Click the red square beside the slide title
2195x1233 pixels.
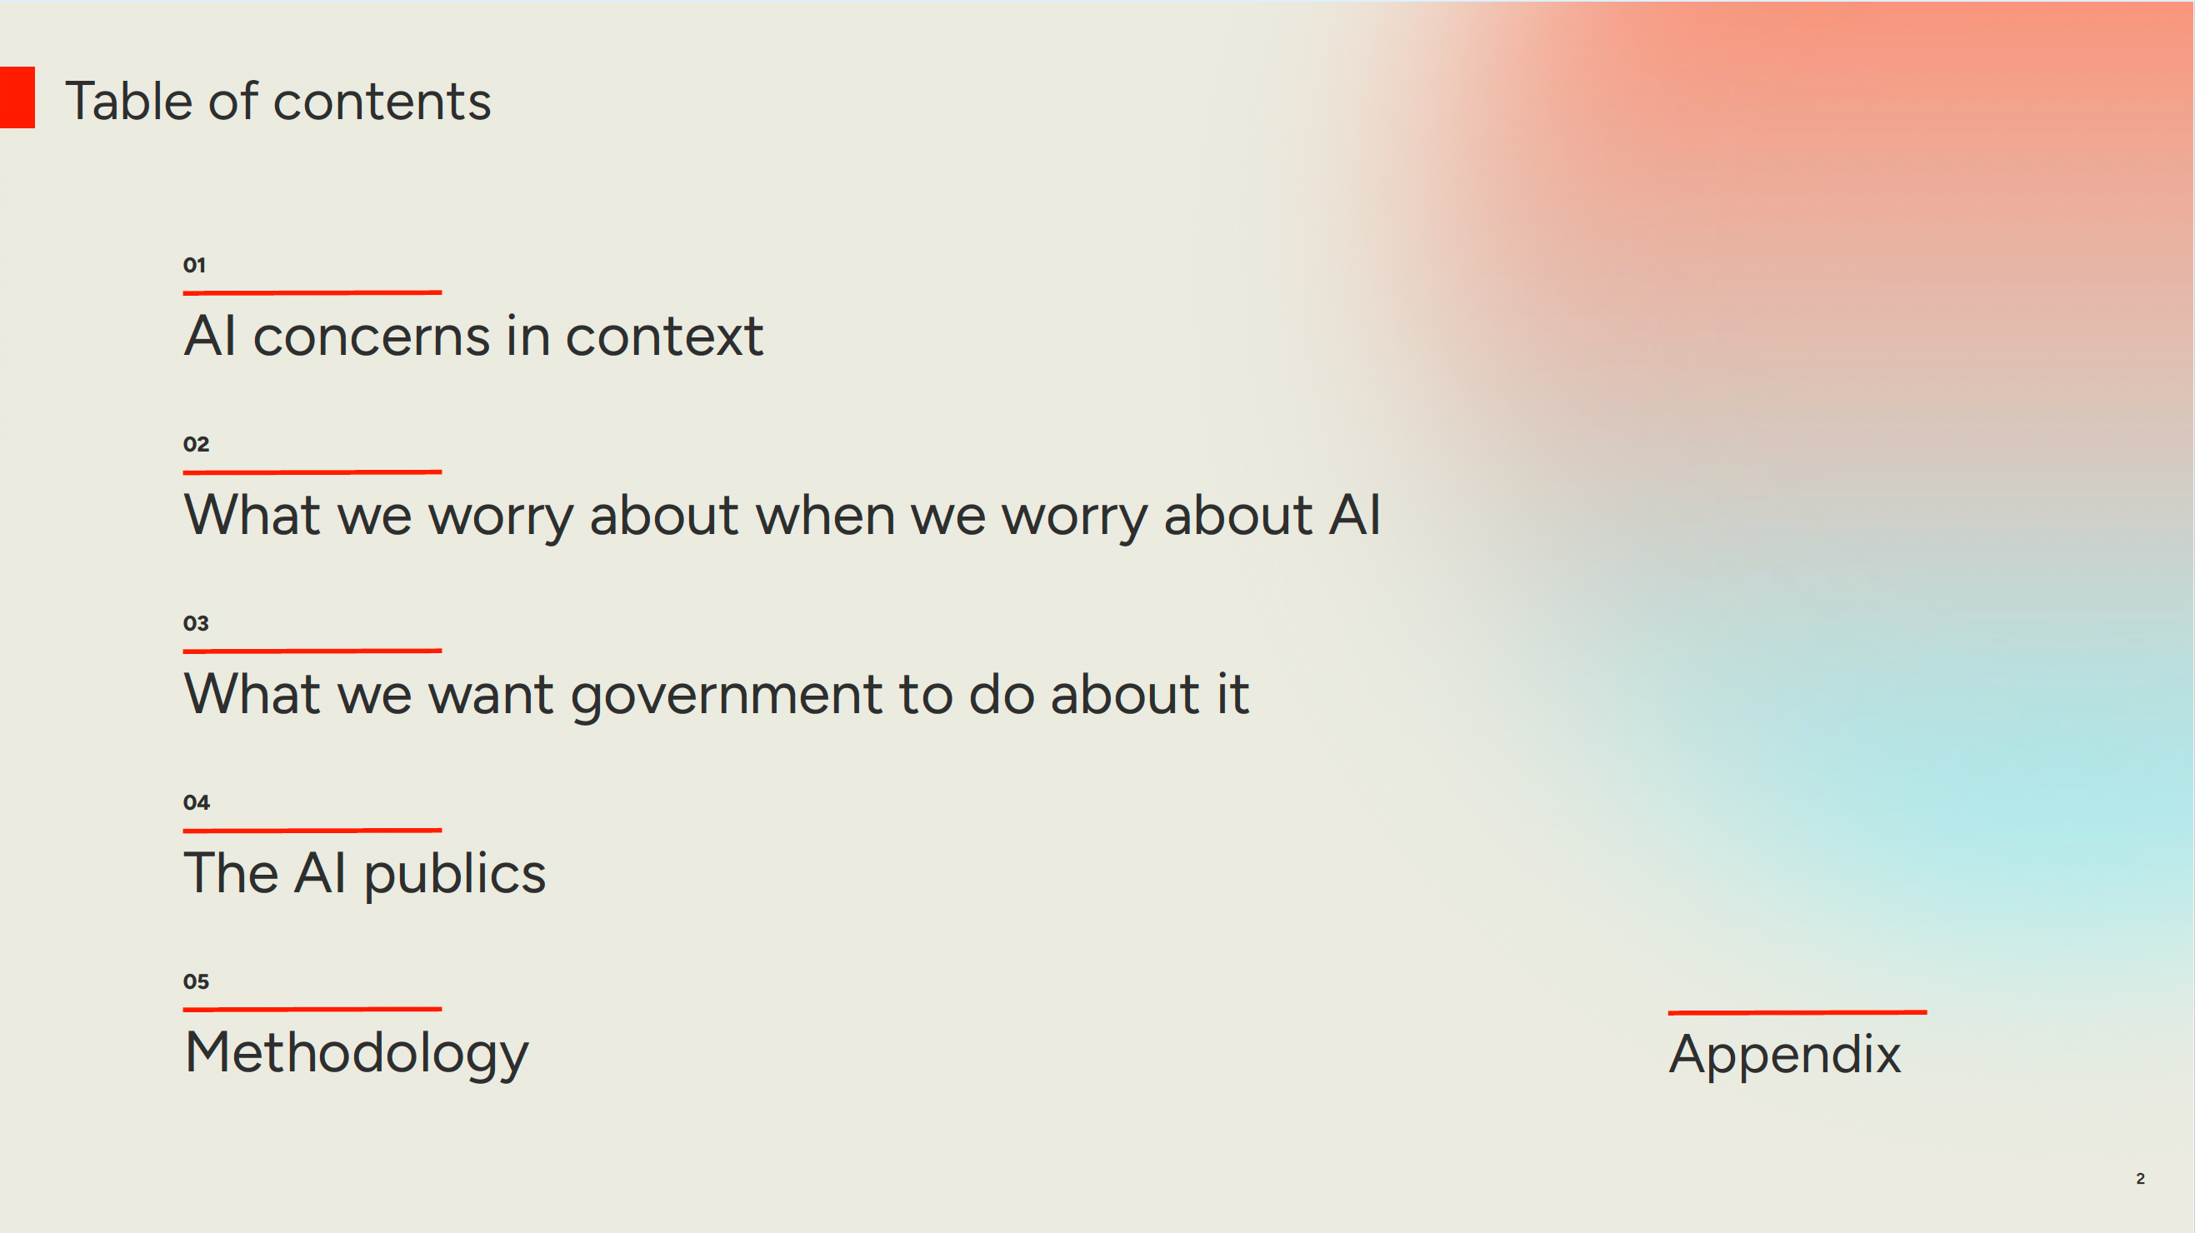point(17,98)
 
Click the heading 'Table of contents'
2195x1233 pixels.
point(277,102)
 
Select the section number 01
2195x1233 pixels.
point(194,265)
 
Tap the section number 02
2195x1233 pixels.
point(196,444)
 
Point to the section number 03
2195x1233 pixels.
point(196,623)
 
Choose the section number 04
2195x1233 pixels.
point(196,801)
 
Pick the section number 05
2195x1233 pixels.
point(196,981)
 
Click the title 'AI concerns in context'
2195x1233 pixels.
point(474,336)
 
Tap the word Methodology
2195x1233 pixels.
point(356,1054)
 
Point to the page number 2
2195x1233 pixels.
point(2141,1179)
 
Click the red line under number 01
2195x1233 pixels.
point(312,292)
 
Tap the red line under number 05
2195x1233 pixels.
point(312,1009)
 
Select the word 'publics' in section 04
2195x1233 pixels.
point(455,876)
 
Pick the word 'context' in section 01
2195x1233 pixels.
point(664,337)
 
